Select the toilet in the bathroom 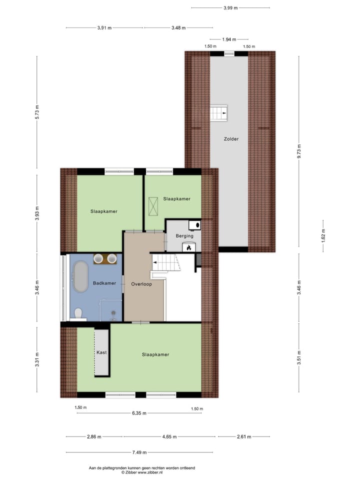coord(77,313)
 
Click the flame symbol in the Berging coord(189,247)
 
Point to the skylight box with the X coord(153,205)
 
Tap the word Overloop coord(141,283)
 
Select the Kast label coord(101,352)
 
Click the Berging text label coord(184,236)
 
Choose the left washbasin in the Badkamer coord(99,258)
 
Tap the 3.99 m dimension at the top coord(230,8)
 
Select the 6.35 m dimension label coord(138,413)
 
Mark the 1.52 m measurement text coord(323,235)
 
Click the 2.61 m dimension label coord(243,436)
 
